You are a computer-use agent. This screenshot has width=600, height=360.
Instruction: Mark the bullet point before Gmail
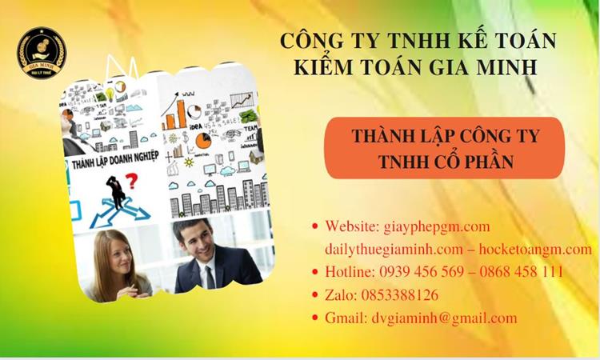click(x=314, y=318)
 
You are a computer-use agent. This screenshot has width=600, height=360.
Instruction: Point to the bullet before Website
click(x=314, y=227)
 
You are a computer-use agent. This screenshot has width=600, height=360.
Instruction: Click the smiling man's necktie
click(x=210, y=276)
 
